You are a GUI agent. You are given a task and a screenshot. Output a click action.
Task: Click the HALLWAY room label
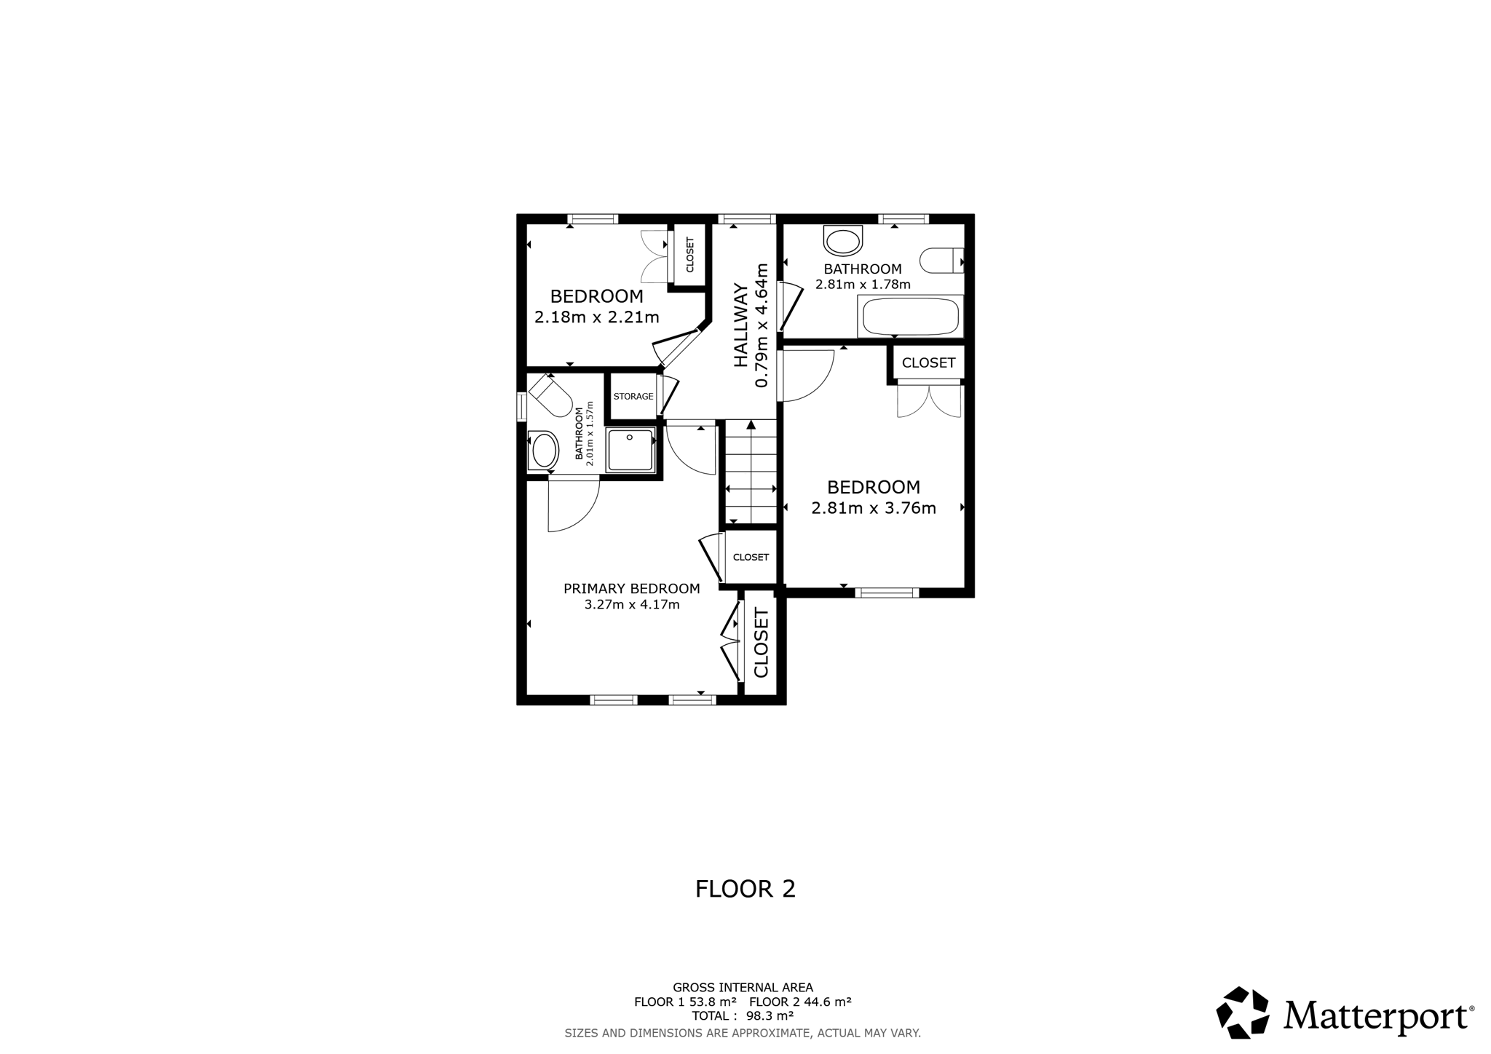pos(741,325)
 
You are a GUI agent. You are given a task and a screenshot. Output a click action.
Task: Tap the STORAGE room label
pos(633,397)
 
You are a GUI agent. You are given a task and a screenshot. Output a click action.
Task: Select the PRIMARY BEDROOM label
pos(632,588)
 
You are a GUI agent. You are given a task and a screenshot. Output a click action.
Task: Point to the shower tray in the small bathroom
pos(631,449)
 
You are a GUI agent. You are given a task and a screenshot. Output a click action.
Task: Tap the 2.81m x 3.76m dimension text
pos(874,508)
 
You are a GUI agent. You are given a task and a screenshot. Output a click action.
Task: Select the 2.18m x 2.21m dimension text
pos(597,317)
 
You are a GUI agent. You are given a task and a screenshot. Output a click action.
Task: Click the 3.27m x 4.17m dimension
pos(632,605)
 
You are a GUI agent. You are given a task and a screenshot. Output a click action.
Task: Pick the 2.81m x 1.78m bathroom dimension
pos(863,285)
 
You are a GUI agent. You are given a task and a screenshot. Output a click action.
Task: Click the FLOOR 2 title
pos(745,889)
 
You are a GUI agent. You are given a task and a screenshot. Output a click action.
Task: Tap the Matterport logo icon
pos(1243,1013)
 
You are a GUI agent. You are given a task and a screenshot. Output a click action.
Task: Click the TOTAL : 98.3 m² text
pos(743,1016)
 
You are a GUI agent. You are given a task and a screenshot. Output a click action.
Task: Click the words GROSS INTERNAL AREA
pos(743,988)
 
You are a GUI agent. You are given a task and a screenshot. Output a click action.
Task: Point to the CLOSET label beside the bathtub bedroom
pos(928,362)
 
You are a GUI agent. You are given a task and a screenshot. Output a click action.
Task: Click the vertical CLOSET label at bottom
pos(762,643)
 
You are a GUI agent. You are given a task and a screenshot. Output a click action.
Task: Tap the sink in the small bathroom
pos(544,451)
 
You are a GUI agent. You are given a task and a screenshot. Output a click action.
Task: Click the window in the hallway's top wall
pos(746,218)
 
